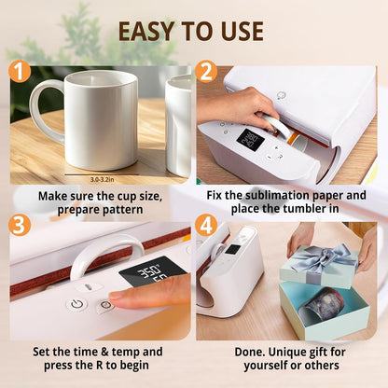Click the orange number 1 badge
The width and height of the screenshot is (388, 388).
click(x=20, y=72)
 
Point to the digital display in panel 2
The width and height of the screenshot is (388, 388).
click(x=248, y=140)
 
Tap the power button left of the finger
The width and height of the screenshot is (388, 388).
click(x=74, y=304)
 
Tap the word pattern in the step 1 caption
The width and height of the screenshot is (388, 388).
click(x=124, y=212)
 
